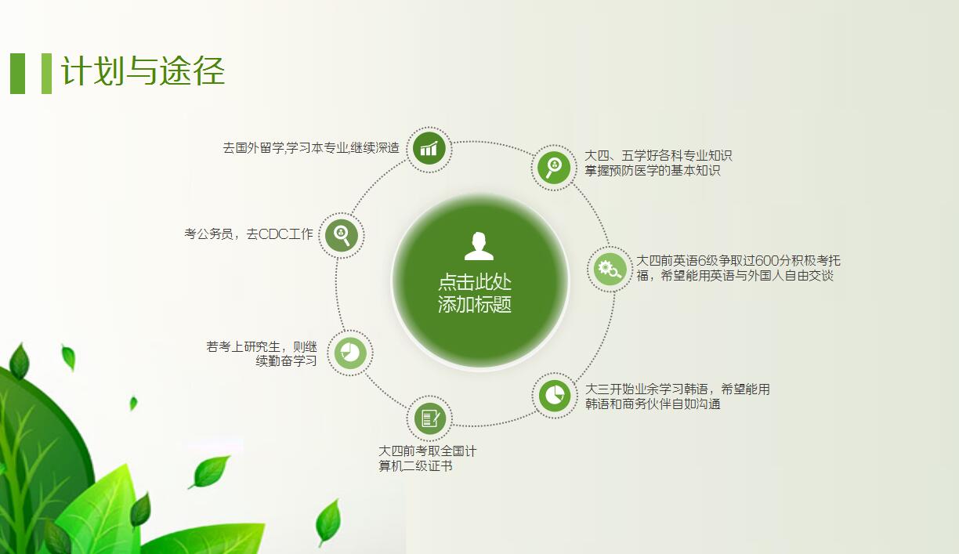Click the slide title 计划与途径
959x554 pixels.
(x=143, y=71)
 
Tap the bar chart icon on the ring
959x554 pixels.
(x=429, y=148)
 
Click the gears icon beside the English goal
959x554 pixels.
(x=609, y=270)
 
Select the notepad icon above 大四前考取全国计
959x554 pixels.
(x=429, y=418)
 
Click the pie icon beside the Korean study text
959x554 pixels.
(x=555, y=394)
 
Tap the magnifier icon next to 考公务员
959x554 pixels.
(x=342, y=234)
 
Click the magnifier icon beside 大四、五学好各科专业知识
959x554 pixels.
(x=554, y=166)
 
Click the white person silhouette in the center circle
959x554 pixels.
(x=479, y=246)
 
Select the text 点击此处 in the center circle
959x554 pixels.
(x=475, y=283)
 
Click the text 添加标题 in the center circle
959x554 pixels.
(x=475, y=305)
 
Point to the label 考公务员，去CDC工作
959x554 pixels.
(x=248, y=234)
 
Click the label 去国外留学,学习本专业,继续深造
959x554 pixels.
(x=311, y=148)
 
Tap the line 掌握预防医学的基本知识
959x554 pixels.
(x=652, y=171)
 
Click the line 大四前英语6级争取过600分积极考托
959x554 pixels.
(x=737, y=260)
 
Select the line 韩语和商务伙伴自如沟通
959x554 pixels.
(x=652, y=404)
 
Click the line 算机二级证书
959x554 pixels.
(x=415, y=466)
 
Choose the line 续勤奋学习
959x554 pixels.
(x=286, y=361)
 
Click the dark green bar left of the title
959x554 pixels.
(x=17, y=73)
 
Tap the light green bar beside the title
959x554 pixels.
(x=46, y=73)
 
